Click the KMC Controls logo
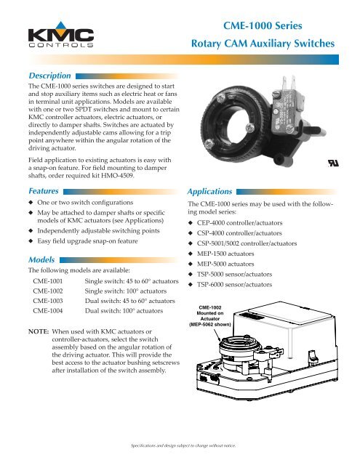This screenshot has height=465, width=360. [61, 34]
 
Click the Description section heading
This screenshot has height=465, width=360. [49, 76]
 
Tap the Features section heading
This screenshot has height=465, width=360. [44, 191]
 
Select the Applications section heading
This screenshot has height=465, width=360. [209, 192]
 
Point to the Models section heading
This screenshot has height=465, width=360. [41, 260]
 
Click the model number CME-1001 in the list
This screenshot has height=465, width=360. [48, 281]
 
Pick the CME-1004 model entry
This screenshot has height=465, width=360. [48, 311]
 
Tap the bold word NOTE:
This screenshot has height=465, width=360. [39, 331]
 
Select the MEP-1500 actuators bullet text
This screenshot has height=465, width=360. [225, 254]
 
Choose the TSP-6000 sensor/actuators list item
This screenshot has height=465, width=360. [234, 284]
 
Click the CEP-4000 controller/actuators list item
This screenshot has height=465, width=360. [239, 223]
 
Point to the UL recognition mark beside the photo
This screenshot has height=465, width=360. [333, 163]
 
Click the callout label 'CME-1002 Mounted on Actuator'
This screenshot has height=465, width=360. [210, 316]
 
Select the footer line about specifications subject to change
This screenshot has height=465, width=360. [183, 445]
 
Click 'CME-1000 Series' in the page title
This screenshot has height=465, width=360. [263, 25]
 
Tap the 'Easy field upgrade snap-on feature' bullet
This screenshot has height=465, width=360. [87, 240]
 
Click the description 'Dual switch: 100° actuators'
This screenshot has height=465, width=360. [124, 311]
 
